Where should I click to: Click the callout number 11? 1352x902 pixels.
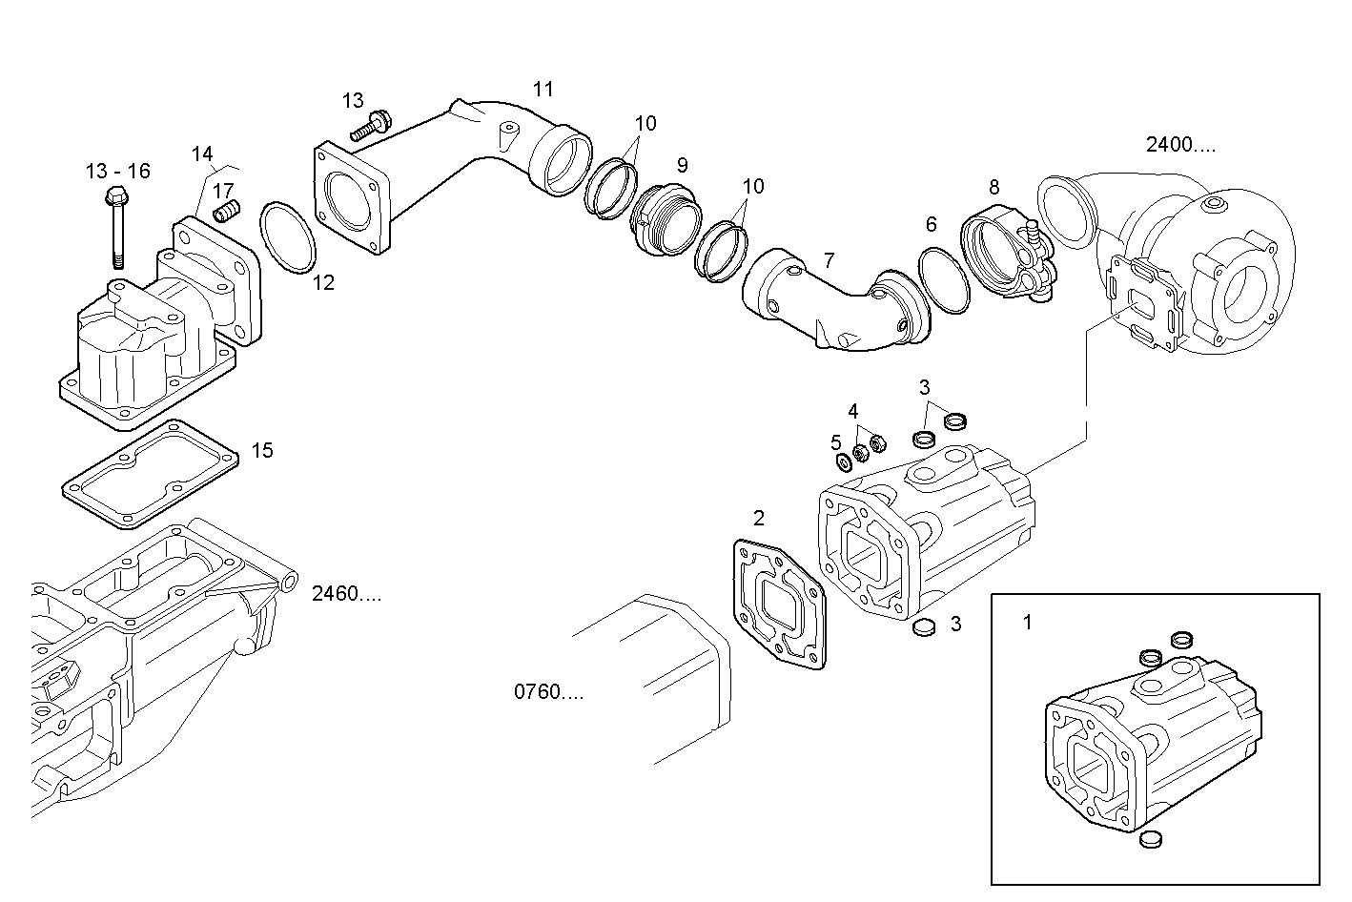click(x=543, y=90)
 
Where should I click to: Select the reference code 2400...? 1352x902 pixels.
click(x=1180, y=145)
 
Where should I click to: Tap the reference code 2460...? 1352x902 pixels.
click(x=346, y=594)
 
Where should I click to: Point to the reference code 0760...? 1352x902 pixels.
click(x=548, y=692)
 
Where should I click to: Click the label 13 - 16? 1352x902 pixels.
click(x=117, y=171)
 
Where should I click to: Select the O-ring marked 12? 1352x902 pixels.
click(x=287, y=234)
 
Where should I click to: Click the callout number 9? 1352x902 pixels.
click(x=682, y=165)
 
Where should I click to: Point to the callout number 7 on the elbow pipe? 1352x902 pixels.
click(x=829, y=259)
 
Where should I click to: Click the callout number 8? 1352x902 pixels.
click(x=994, y=187)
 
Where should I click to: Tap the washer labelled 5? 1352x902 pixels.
click(x=843, y=462)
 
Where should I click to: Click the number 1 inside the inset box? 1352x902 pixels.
click(x=1027, y=623)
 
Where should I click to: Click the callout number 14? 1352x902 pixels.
click(x=201, y=154)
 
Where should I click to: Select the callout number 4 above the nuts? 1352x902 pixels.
click(x=853, y=411)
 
